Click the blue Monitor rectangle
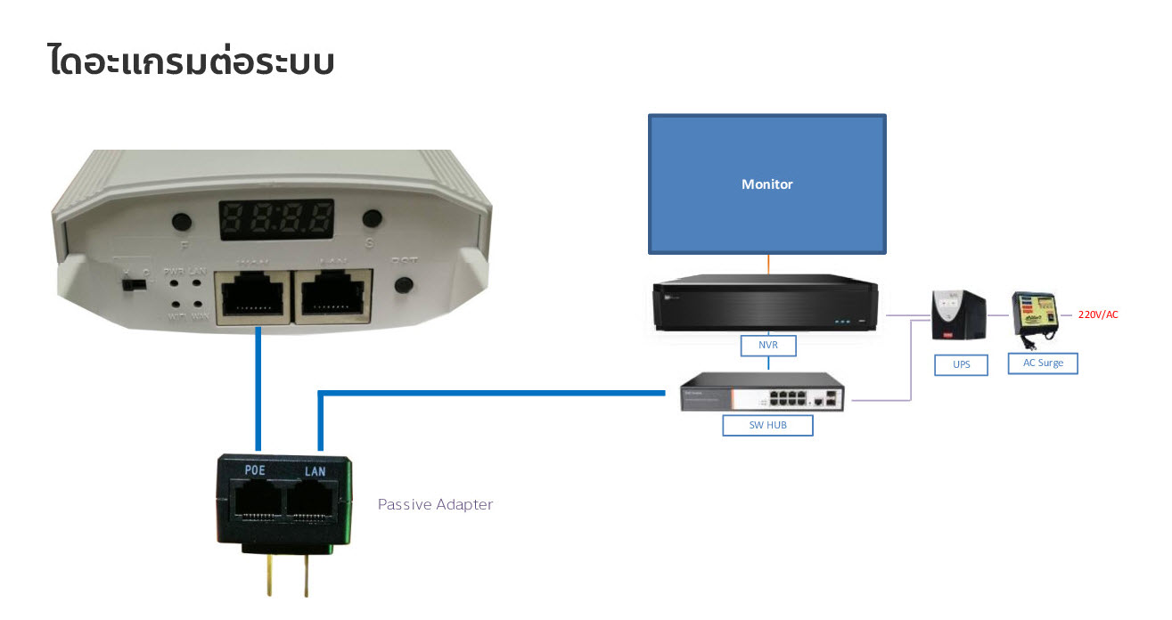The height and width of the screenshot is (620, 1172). coord(766,184)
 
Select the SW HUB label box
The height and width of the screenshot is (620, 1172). coord(767,426)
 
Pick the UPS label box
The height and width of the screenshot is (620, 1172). coord(962,364)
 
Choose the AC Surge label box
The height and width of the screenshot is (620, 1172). coord(1043,363)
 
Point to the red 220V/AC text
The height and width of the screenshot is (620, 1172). coord(1097,314)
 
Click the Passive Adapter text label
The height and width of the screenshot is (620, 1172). coord(435,504)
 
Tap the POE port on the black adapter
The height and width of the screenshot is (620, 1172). coord(258,502)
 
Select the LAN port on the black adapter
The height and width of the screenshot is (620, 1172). coord(315,502)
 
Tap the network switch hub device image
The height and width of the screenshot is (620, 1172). coord(762,392)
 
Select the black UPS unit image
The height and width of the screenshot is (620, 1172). coord(958,316)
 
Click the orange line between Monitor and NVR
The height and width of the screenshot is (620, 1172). coord(767,265)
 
